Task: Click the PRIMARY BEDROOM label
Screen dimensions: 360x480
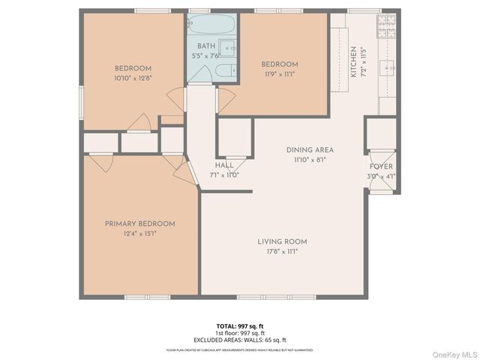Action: click(x=140, y=223)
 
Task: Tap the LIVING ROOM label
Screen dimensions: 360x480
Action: click(x=282, y=241)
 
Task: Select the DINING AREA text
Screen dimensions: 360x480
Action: click(x=310, y=150)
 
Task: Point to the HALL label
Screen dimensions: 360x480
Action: click(x=224, y=166)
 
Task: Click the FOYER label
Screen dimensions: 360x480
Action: click(x=380, y=166)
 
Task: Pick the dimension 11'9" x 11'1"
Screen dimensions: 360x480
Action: click(x=280, y=73)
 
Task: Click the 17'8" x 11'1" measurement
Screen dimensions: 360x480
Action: click(x=282, y=251)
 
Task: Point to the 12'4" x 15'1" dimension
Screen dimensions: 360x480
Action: click(x=140, y=233)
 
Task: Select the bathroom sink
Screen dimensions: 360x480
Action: click(x=229, y=49)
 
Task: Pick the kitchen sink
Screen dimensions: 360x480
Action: click(x=388, y=70)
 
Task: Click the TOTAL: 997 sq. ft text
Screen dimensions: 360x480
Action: click(x=240, y=325)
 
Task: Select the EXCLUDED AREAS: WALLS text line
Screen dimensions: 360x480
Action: click(x=240, y=339)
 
